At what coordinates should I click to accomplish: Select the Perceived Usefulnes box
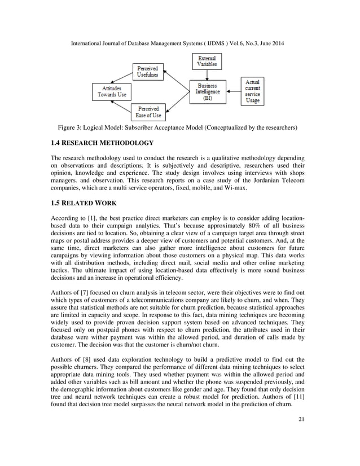[148, 72]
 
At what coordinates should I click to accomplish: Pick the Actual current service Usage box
[252, 91]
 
